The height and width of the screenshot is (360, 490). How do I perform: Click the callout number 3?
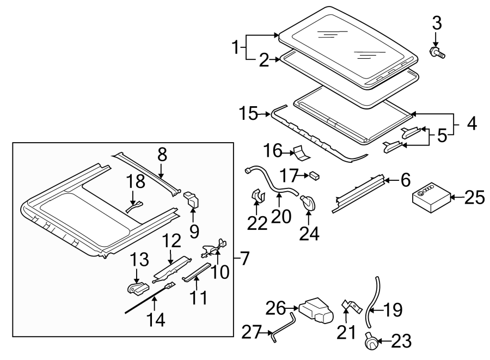pyautogui.click(x=437, y=23)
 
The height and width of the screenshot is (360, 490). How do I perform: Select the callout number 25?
pyautogui.click(x=474, y=197)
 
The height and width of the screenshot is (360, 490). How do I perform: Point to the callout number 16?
pyautogui.click(x=274, y=150)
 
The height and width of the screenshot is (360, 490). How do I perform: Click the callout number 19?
pyautogui.click(x=392, y=310)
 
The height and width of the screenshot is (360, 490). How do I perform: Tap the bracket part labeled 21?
pyautogui.click(x=351, y=307)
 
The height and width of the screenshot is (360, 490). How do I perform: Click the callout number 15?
pyautogui.click(x=252, y=114)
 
